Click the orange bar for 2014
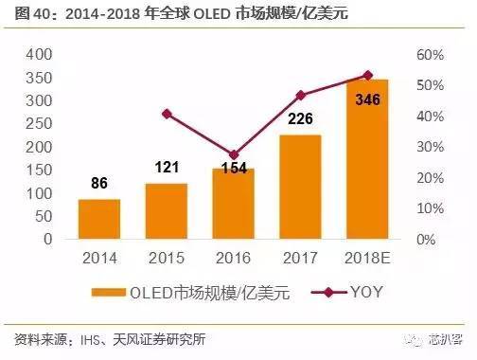pyautogui.click(x=99, y=219)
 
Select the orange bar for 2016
pyautogui.click(x=234, y=204)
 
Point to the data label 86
pyautogui.click(x=99, y=182)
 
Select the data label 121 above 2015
pyautogui.click(x=168, y=166)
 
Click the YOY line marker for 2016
pyautogui.click(x=234, y=154)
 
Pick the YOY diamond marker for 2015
pyautogui.click(x=168, y=114)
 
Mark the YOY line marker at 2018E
pyautogui.click(x=368, y=75)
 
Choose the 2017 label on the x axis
pyautogui.click(x=301, y=257)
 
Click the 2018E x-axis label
pyautogui.click(x=368, y=257)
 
